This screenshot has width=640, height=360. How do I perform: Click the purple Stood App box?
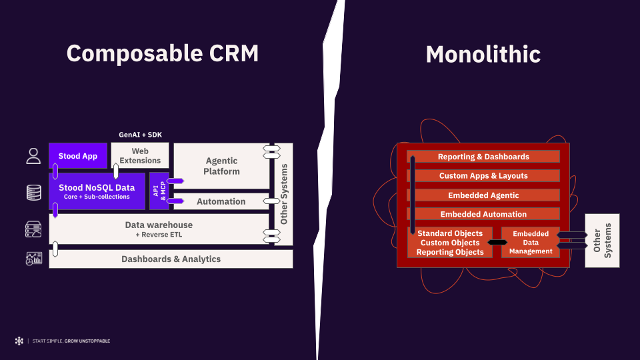(77, 156)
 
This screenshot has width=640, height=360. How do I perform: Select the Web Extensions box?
(140, 156)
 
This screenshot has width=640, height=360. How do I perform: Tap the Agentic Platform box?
(222, 166)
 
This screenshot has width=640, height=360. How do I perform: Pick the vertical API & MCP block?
(159, 190)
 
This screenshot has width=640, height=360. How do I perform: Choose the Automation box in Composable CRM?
(221, 201)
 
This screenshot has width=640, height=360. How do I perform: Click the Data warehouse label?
(159, 225)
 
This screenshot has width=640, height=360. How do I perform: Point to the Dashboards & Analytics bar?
(171, 259)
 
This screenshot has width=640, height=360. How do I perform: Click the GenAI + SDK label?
(140, 135)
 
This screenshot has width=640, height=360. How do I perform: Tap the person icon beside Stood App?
(33, 156)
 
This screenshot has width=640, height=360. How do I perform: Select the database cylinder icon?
(33, 193)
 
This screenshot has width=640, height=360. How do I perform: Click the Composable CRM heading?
(162, 53)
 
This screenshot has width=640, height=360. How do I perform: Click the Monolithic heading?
(483, 54)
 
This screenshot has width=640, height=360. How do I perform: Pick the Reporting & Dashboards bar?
(483, 157)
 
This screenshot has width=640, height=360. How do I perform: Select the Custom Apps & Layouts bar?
(483, 176)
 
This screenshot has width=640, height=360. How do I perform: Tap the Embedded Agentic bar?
(483, 195)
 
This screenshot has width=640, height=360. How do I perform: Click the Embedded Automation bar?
(483, 214)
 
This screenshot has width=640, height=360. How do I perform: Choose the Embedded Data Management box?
(531, 242)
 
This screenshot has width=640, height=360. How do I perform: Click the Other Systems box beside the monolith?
(602, 240)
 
